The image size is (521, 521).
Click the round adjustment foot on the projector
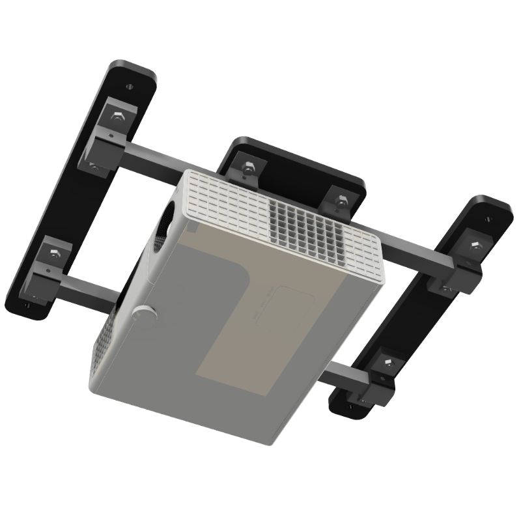point(145,313)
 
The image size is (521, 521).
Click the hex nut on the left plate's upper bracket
point(117,117)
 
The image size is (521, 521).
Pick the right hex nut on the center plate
point(338,198)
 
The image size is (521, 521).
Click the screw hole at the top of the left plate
point(131,85)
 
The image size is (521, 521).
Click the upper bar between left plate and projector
point(150,159)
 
